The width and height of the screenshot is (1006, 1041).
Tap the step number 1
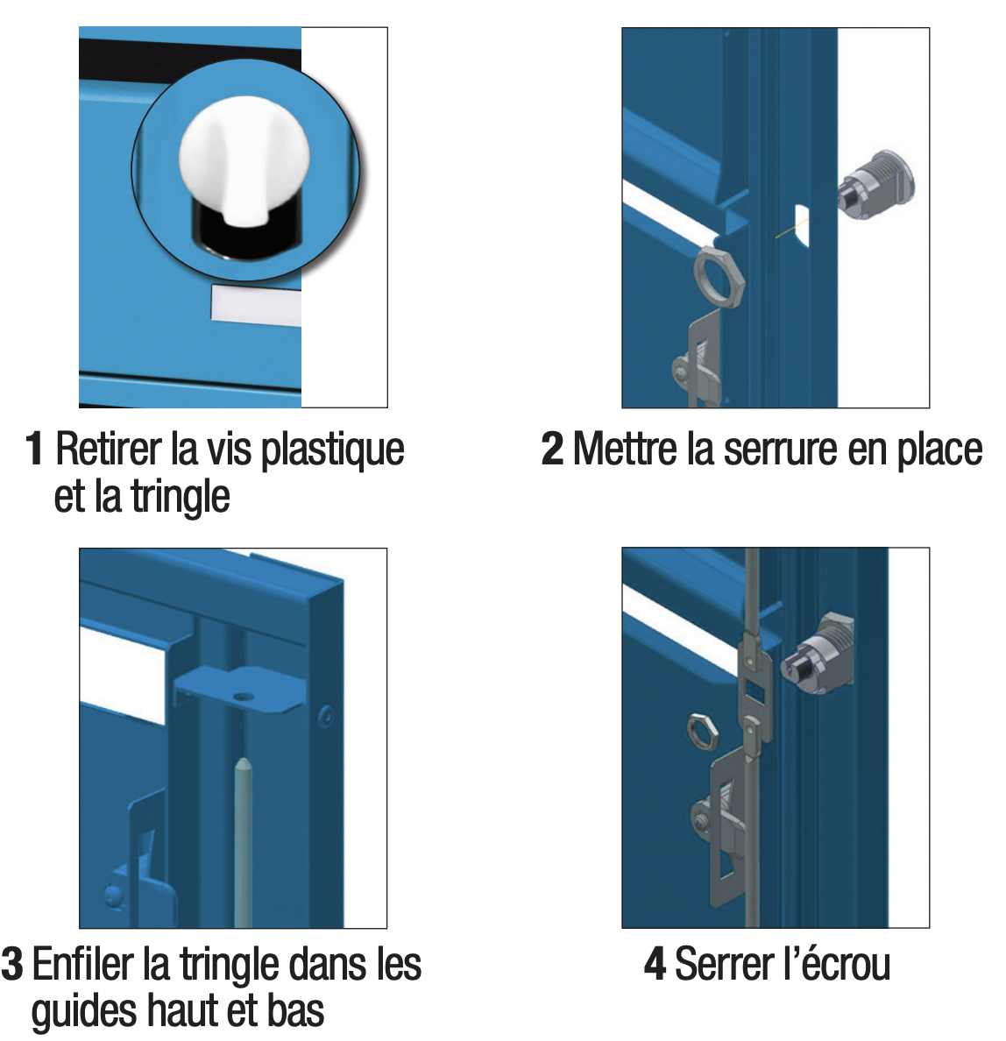click(34, 449)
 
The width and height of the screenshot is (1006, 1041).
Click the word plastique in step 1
click(332, 451)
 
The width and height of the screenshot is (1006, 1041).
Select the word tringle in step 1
click(180, 498)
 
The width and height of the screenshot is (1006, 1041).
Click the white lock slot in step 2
click(802, 225)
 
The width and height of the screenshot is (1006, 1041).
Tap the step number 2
click(552, 449)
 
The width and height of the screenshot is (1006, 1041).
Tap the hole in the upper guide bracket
click(244, 698)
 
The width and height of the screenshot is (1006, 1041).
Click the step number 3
click(12, 964)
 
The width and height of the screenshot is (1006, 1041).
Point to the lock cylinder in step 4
click(817, 654)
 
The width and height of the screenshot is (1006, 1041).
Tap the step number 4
click(655, 964)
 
